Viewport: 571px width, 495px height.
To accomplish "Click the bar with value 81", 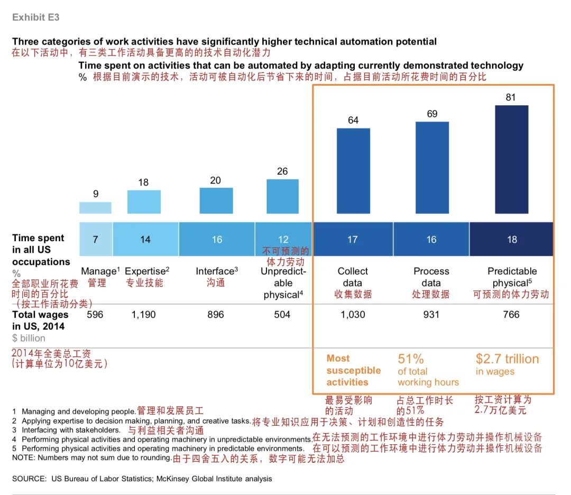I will (x=511, y=159).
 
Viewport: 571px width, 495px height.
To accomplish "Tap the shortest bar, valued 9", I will (x=95, y=207).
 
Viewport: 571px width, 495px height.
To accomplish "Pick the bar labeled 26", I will (x=282, y=196).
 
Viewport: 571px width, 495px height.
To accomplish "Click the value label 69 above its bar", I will (x=432, y=114).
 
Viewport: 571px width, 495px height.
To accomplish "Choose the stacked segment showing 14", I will (x=145, y=240).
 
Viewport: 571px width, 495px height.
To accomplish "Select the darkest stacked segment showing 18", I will (x=511, y=240).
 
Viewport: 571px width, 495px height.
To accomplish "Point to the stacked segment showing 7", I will (x=96, y=240).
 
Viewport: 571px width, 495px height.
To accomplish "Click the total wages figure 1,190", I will (x=144, y=315).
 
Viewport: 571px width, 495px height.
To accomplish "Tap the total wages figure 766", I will (x=511, y=315).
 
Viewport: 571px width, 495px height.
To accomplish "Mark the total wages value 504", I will (x=282, y=315).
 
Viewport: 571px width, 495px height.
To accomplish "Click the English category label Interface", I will (x=215, y=271).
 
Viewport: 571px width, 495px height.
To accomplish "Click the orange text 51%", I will (x=411, y=359).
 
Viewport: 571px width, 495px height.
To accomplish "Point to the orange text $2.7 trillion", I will (x=507, y=359).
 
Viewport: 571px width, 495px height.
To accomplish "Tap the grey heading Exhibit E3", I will (x=36, y=17).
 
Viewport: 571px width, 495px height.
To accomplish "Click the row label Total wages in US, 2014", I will (x=40, y=320).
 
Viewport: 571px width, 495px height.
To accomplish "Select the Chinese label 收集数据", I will (x=353, y=294).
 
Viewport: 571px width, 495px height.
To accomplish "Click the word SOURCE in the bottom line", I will (x=29, y=479).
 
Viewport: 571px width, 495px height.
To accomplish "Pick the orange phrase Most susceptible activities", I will (x=353, y=370).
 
